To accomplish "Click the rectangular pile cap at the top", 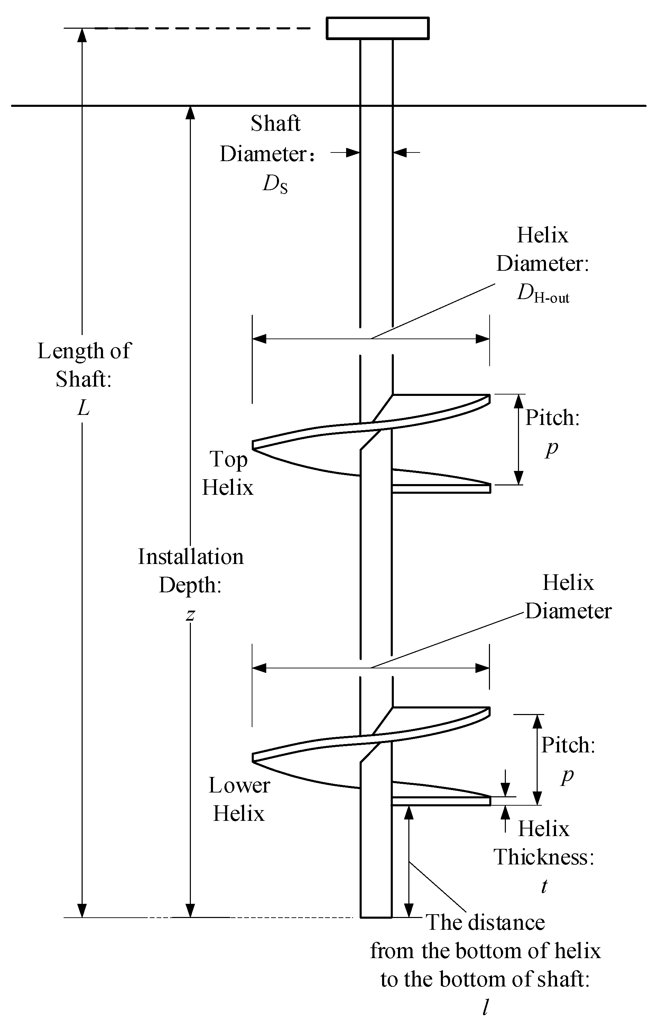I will [x=378, y=28].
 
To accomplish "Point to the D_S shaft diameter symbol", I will [x=275, y=185].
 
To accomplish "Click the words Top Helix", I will [x=228, y=473].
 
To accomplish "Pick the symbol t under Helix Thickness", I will [x=544, y=886].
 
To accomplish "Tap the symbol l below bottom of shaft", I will [x=485, y=1008].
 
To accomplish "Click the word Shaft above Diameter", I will [x=276, y=124].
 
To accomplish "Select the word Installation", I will [x=191, y=557].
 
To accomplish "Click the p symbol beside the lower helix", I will [x=567, y=775].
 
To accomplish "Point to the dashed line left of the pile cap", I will [x=203, y=29].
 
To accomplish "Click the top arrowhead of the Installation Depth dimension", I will [x=191, y=112].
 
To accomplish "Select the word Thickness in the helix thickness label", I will [x=544, y=857].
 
